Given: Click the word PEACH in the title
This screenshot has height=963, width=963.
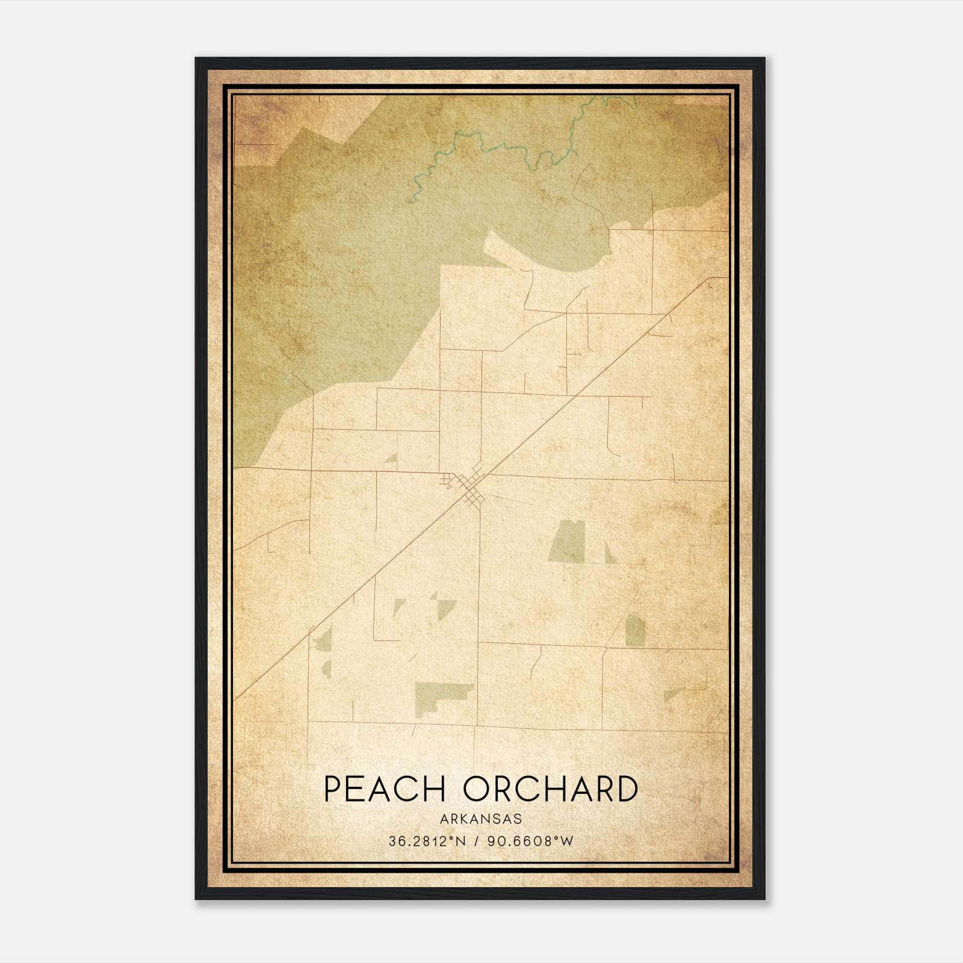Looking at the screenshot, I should tap(384, 789).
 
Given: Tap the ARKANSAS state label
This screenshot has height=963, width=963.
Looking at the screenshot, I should tap(480, 819).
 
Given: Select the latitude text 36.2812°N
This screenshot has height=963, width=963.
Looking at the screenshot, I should tap(426, 841).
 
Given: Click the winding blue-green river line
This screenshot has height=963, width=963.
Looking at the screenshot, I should tap(482, 144).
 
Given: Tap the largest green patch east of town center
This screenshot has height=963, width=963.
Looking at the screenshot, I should tap(568, 541).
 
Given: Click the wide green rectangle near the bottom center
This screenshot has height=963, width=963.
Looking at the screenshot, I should tap(442, 693).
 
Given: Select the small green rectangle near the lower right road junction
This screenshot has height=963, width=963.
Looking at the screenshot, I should tap(635, 631).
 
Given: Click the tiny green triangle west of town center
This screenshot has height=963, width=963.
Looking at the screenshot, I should tap(392, 458).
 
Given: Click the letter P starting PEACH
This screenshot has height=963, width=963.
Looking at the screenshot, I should tap(333, 789).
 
